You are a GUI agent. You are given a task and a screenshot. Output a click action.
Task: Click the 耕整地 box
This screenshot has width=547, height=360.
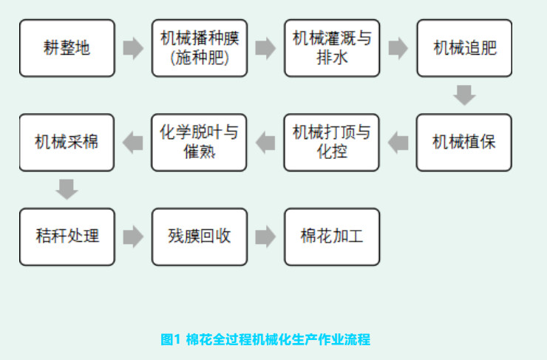tap(67, 48)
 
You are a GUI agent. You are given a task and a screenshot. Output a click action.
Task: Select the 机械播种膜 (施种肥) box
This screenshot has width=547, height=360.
tap(199, 48)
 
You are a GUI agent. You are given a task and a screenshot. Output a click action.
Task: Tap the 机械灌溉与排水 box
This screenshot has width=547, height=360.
tap(331, 48)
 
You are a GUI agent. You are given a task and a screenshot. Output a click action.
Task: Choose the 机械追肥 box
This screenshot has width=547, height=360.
tap(464, 48)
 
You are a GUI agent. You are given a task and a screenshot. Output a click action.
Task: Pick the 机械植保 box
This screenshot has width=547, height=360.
tap(464, 142)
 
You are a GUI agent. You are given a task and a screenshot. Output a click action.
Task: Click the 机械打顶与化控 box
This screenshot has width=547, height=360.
tap(331, 142)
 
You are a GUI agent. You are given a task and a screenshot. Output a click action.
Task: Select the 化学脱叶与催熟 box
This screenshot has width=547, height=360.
tap(199, 142)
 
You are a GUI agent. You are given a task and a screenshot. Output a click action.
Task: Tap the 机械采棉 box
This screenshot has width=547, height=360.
tap(67, 142)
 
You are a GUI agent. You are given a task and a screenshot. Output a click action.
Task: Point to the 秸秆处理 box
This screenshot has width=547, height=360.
tap(67, 237)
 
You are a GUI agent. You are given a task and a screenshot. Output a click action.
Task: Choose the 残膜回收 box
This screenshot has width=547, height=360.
tap(199, 237)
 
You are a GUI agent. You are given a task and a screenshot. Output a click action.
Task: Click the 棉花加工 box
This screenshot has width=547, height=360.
tap(331, 237)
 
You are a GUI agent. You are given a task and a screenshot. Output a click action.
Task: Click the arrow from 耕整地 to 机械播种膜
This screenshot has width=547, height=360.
tap(133, 49)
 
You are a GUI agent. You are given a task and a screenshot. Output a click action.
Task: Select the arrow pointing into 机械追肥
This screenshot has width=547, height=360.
tap(398, 49)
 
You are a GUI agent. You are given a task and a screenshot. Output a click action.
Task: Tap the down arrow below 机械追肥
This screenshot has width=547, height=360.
tap(464, 95)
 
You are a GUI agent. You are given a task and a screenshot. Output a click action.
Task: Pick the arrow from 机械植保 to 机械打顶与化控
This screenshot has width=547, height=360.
tap(398, 143)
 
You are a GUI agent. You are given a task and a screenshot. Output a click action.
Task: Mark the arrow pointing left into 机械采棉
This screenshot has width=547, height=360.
tap(133, 143)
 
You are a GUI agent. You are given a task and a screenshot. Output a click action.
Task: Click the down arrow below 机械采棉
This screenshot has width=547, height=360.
tap(67, 189)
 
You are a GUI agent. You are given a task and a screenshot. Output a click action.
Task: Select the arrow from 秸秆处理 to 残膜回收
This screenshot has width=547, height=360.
tap(133, 237)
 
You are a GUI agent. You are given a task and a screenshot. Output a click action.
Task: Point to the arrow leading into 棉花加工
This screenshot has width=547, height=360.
tap(265, 237)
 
